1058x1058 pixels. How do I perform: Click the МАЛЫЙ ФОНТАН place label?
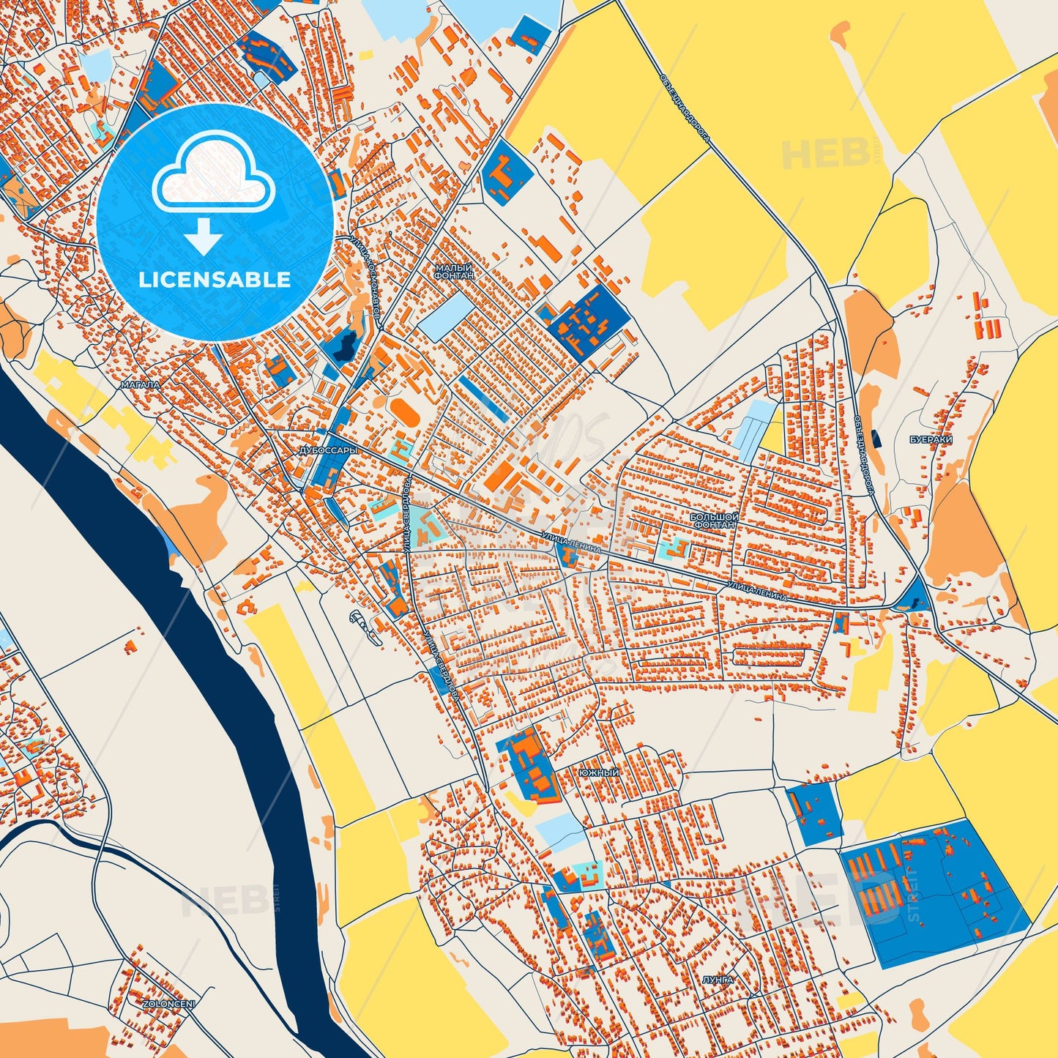coord(454,272)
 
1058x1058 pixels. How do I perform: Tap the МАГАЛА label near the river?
coord(140,384)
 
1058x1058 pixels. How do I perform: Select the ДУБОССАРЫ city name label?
coord(328,451)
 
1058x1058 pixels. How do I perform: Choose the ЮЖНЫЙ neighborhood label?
coord(598,773)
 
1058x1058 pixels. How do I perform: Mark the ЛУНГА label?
coord(717,979)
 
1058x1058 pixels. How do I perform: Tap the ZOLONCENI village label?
coord(169,1004)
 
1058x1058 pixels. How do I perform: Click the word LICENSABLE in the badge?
coord(215,280)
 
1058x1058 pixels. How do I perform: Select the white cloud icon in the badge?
coord(213,173)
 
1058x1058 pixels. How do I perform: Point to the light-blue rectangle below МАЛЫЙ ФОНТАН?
coord(445,316)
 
